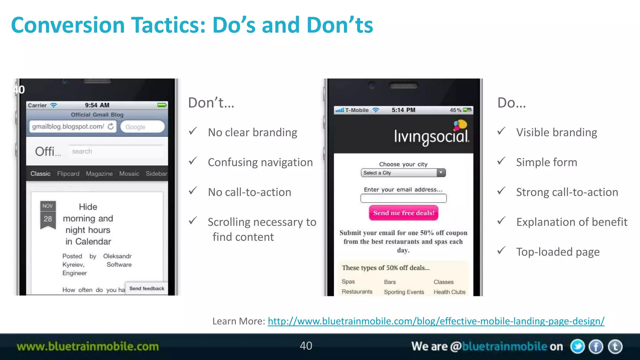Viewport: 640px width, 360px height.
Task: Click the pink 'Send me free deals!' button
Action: [403, 213]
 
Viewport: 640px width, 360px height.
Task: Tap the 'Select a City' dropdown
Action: [403, 173]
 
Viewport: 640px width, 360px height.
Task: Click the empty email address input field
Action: [403, 198]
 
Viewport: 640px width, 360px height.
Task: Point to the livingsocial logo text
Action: [431, 137]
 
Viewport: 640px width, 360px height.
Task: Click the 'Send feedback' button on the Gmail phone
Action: [147, 288]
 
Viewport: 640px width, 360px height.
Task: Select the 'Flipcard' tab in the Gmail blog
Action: [68, 174]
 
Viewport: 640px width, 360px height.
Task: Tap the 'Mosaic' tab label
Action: [129, 174]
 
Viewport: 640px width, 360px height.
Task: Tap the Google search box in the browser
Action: [142, 127]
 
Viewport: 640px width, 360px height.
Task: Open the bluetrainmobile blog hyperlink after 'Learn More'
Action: [436, 321]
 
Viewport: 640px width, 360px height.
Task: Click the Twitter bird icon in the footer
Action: [577, 347]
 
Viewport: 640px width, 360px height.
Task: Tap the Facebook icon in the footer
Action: [596, 347]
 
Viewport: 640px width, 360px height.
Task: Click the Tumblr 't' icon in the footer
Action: [615, 347]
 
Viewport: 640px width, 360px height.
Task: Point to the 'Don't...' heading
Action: [211, 103]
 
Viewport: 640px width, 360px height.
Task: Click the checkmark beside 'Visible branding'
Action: [501, 131]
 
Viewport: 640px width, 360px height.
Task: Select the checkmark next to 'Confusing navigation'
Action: [193, 161]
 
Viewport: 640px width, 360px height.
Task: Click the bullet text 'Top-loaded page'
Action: [558, 252]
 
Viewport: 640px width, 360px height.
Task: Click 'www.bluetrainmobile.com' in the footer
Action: [88, 347]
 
